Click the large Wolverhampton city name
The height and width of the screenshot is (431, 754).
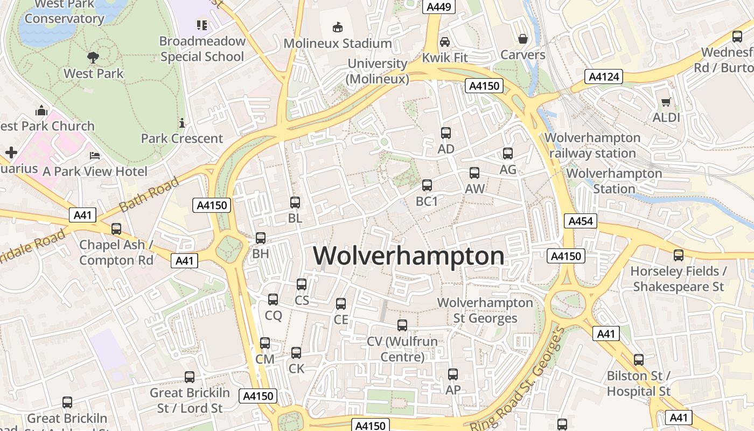coord(409,256)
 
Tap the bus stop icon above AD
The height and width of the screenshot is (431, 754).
coord(446,133)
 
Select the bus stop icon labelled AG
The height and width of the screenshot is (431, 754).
coord(508,154)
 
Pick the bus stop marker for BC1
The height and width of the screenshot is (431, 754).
coord(427,185)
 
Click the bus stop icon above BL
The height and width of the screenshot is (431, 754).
coord(295,203)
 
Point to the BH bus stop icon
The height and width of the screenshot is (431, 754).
coord(261,238)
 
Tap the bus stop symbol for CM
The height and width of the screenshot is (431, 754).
coord(265,343)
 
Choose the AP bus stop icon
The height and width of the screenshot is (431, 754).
coord(453,374)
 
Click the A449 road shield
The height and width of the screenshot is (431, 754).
coord(439,6)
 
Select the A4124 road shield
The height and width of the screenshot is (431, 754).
coord(604,77)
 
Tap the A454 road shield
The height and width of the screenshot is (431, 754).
coord(580,221)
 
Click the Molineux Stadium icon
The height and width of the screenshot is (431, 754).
coord(338,27)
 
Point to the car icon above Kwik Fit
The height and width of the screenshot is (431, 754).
coord(445,42)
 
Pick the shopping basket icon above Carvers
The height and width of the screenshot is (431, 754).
coord(522,39)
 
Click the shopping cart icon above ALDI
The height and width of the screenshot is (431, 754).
coord(666,102)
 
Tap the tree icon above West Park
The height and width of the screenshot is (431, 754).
coord(93,57)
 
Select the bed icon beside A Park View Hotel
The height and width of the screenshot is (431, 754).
coord(95,156)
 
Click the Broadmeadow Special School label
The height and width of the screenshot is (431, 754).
coord(203,49)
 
